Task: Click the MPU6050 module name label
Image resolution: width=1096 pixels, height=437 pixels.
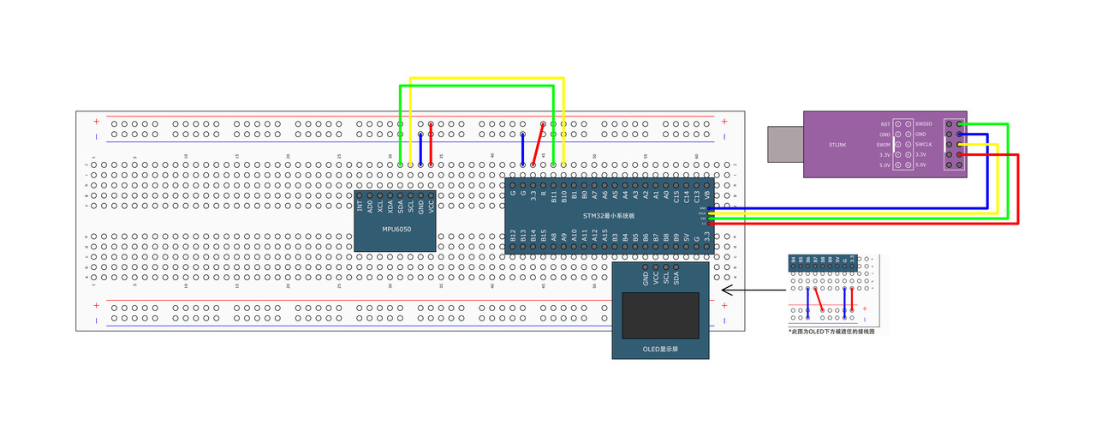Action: [x=396, y=230]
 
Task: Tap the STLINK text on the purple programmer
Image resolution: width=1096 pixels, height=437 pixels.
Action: [x=837, y=145]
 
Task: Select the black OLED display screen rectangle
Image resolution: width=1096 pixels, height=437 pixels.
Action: [x=660, y=315]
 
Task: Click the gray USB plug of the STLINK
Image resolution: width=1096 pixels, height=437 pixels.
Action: [x=785, y=144]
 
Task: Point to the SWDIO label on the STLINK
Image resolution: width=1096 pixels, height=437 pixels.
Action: [x=924, y=124]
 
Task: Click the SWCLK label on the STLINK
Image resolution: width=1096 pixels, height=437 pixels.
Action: [x=924, y=144]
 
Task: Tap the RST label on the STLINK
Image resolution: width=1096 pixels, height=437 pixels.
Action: [x=885, y=124]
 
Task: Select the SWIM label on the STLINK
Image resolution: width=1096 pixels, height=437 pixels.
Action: [x=884, y=144]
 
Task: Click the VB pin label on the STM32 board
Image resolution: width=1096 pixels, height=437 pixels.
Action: [x=707, y=195]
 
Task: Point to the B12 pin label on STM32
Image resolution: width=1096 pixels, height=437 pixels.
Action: [x=513, y=236]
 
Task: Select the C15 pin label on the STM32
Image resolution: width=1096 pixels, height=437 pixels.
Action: [x=676, y=195]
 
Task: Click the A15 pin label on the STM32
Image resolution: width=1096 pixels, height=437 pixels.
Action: [x=605, y=236]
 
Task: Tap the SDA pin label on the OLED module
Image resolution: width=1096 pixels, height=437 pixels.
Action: [x=676, y=278]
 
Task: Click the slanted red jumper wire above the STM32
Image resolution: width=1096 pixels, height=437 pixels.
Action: [x=539, y=144]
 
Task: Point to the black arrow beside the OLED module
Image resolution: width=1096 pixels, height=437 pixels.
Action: [x=749, y=290]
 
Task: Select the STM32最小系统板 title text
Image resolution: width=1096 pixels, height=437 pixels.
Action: [x=609, y=216]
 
